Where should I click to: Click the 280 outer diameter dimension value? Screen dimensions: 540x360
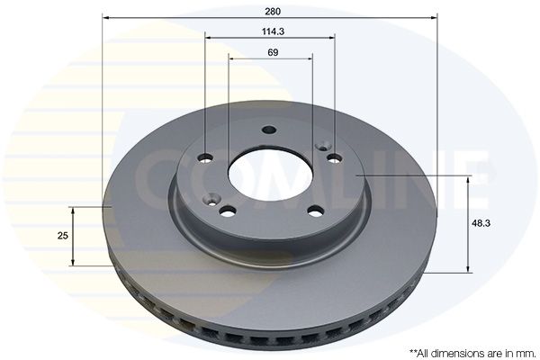point(273,12)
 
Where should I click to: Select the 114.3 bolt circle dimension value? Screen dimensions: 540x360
point(273,31)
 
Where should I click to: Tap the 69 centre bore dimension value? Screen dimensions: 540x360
point(273,52)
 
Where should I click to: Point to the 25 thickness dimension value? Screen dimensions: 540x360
point(63,236)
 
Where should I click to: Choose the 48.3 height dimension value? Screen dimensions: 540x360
point(481,223)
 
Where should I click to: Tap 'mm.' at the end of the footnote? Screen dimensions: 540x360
point(526,353)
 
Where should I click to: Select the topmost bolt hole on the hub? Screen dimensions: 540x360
point(269,130)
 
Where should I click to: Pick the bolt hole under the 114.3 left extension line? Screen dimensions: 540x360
point(205,157)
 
